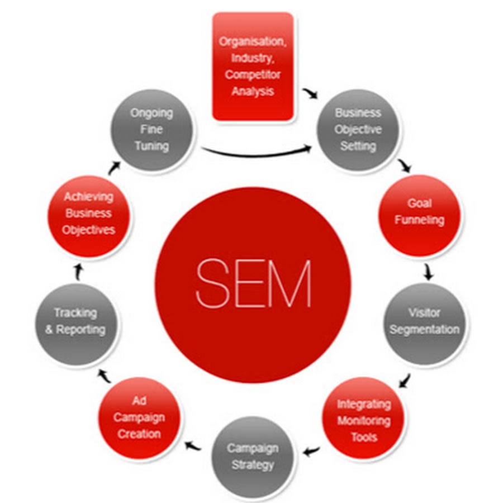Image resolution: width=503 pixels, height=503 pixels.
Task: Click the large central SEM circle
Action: point(253,284)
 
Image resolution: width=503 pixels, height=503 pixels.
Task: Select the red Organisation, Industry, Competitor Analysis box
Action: point(253,66)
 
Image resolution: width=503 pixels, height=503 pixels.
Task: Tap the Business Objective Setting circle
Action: point(358,130)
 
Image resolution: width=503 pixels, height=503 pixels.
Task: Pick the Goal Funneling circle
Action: point(419,215)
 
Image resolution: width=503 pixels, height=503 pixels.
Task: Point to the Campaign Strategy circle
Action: point(252,457)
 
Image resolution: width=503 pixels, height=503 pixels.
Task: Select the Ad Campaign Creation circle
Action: point(140,418)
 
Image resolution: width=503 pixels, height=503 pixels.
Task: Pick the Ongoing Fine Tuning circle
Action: point(152,130)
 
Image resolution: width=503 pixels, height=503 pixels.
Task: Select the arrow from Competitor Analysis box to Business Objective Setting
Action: point(309,93)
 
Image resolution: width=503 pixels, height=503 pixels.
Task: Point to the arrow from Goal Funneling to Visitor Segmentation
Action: point(429,272)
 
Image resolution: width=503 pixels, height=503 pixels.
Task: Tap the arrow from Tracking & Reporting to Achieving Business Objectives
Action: point(79,272)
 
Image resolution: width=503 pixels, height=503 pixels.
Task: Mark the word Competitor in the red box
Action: point(253,74)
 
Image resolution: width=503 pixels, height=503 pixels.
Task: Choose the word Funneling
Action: point(419,220)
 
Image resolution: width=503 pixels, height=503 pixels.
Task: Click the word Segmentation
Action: point(425,330)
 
